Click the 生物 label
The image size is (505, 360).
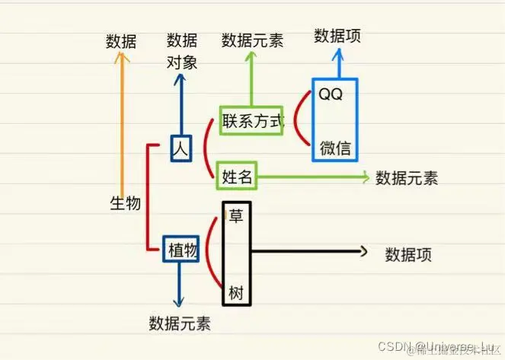click(x=126, y=203)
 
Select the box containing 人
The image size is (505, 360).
click(x=180, y=148)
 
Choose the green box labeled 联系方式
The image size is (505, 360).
click(x=251, y=121)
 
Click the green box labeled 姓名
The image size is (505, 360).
click(x=236, y=177)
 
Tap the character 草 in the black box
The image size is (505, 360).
click(x=235, y=215)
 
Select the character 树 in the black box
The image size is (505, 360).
click(x=235, y=292)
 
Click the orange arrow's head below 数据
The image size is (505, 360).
click(x=119, y=59)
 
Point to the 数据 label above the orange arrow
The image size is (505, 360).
click(x=121, y=42)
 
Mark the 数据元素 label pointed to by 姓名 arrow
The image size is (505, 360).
click(x=407, y=178)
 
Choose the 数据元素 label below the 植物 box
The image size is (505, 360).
click(x=180, y=322)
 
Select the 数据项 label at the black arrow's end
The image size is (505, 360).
click(x=408, y=254)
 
